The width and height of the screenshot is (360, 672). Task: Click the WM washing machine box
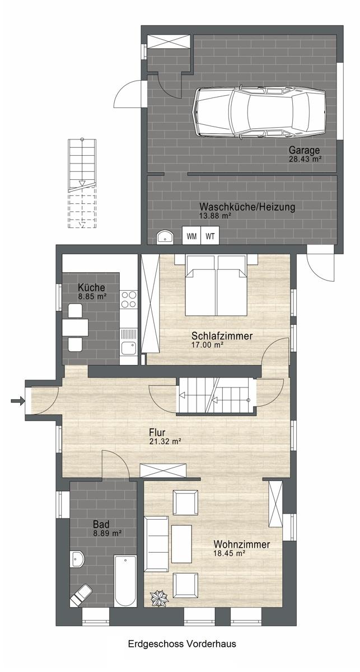click(x=191, y=236)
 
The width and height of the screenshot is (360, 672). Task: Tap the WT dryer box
click(x=210, y=236)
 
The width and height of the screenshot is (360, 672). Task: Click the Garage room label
click(x=304, y=150)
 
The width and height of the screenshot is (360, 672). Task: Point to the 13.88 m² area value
click(x=215, y=216)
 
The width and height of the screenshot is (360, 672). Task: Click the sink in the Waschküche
click(x=165, y=237)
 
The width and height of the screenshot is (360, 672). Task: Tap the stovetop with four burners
click(x=128, y=299)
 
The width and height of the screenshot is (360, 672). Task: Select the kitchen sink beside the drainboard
click(x=128, y=348)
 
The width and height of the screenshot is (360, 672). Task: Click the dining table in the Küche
click(x=75, y=327)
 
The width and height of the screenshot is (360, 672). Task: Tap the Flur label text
click(x=157, y=432)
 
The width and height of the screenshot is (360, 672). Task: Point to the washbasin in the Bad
click(x=77, y=559)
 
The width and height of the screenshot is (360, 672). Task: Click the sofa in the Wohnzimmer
click(x=156, y=544)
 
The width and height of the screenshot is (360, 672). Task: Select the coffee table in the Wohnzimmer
click(x=181, y=544)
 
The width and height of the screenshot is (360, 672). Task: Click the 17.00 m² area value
click(x=207, y=345)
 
